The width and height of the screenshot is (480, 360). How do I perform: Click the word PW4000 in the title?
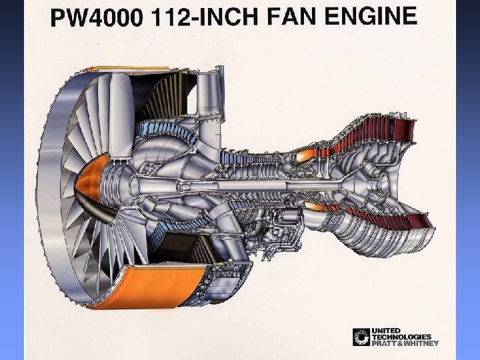click(97, 17)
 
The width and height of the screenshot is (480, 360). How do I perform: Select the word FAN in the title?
click(291, 17)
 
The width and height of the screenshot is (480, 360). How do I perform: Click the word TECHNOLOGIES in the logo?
click(401, 337)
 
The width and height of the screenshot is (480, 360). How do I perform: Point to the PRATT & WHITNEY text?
click(405, 343)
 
